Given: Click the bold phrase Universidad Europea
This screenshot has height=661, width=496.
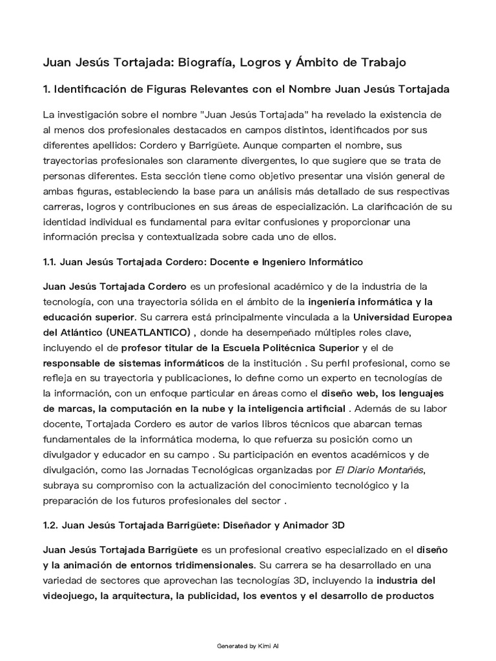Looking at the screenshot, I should point(402,317).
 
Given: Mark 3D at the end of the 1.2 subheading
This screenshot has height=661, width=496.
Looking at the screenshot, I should point(338,525).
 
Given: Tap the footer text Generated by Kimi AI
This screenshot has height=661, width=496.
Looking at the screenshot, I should point(248,646).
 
